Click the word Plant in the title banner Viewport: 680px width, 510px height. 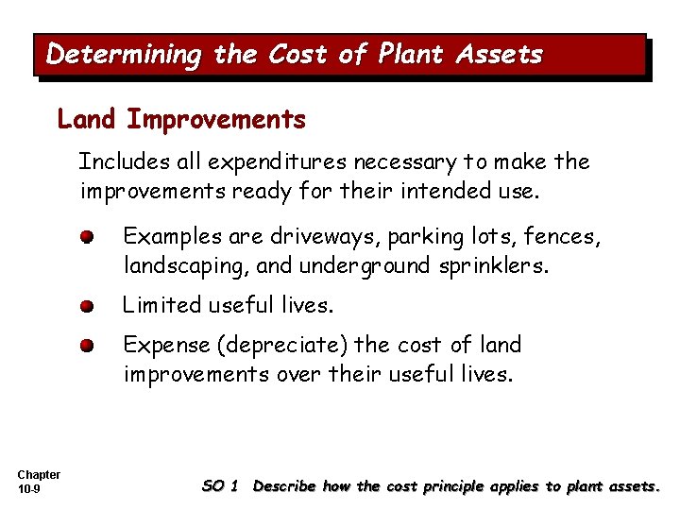[x=409, y=55]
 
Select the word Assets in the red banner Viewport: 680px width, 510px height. [x=500, y=55]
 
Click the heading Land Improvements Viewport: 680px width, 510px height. [x=181, y=120]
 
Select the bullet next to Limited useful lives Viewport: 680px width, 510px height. [x=86, y=306]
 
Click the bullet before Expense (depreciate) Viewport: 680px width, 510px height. [x=86, y=346]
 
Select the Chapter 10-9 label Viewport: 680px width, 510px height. [x=39, y=482]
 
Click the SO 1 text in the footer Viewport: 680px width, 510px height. [x=220, y=486]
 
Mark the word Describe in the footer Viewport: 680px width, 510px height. [x=285, y=486]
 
